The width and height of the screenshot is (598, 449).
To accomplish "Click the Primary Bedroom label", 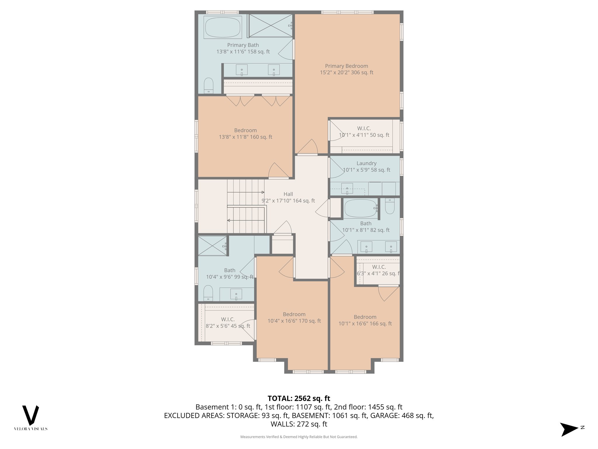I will (346, 66).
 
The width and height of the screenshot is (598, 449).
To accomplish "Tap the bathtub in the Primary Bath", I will (222, 27).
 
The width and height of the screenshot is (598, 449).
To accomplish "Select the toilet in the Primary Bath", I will (208, 85).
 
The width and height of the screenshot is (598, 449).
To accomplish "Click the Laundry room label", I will (366, 163).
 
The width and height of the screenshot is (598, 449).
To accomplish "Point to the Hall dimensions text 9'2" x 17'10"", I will (288, 201).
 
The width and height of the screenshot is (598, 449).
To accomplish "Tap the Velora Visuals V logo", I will (31, 415).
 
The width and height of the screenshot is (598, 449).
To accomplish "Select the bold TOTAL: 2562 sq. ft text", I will (299, 398).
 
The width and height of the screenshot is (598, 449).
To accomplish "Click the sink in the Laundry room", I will (347, 189).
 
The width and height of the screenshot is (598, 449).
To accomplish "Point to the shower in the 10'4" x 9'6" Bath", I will (212, 246).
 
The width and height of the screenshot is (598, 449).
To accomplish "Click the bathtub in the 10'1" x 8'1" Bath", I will (360, 208).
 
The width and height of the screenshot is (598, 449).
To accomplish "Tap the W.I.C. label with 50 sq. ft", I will (364, 129).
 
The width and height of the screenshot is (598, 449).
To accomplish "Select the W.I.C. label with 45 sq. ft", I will (228, 320).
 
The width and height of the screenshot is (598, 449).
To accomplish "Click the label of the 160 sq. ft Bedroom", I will (245, 130).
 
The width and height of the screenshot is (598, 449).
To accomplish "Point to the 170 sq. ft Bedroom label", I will (294, 314).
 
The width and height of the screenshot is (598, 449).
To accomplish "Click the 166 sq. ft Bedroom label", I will (365, 317).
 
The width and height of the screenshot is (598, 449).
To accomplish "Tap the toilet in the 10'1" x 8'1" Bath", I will (390, 207).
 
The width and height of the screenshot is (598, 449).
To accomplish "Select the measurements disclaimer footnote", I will (299, 437).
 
